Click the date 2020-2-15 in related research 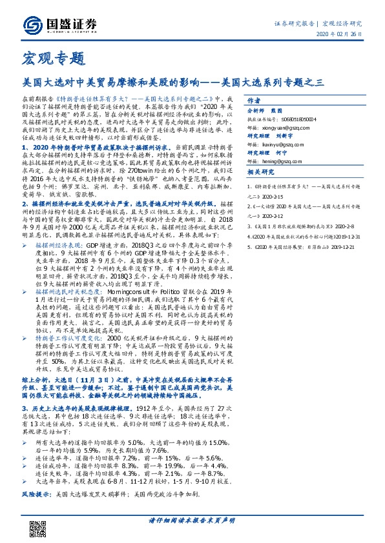(264, 195)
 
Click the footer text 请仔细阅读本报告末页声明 (192, 520)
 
